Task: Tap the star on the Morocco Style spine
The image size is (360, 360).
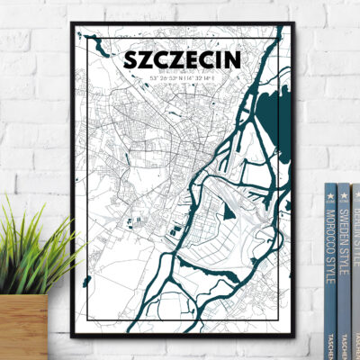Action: click(x=330, y=192)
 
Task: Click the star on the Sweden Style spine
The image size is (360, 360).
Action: click(x=344, y=192)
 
